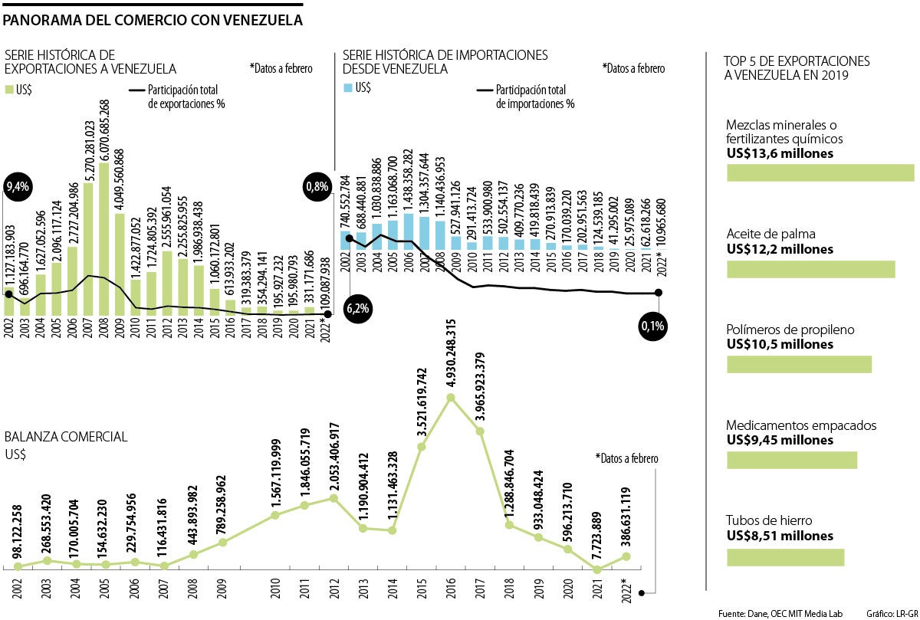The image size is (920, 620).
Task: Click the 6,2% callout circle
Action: pos(358,309)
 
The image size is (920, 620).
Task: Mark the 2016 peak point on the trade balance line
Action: pos(451,397)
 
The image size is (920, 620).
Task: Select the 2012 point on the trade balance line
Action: pos(333,498)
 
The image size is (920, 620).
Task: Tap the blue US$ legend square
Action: pos(348,89)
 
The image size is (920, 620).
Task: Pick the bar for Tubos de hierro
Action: pos(785,557)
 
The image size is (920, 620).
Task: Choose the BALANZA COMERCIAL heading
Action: pos(66,437)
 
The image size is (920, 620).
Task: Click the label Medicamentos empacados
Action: pos(800,425)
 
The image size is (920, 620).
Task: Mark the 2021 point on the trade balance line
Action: pos(597,569)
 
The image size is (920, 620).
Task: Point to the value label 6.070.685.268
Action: pos(104,128)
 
